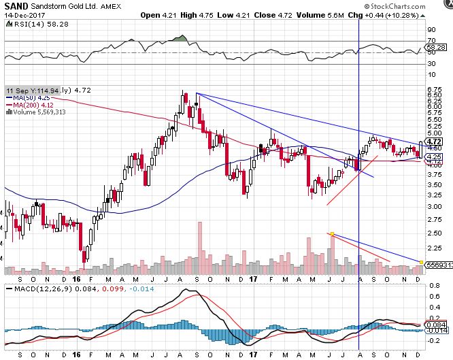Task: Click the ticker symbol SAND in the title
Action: coord(16,5)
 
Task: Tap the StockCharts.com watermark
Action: coord(420,5)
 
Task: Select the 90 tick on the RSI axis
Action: coord(431,30)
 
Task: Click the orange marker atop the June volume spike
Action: coord(331,234)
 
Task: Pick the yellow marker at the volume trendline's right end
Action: coord(422,262)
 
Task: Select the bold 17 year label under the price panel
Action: coord(253,279)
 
